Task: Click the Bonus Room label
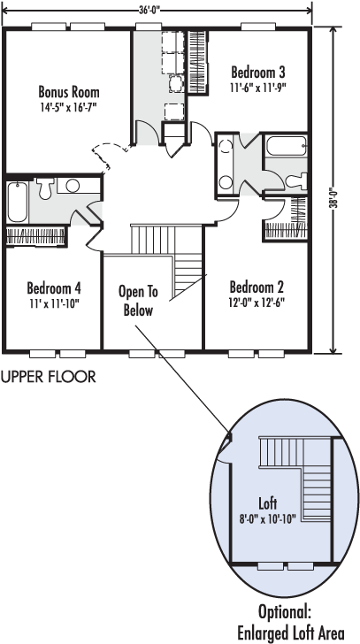pyautogui.click(x=69, y=91)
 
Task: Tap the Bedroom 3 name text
pyautogui.click(x=257, y=73)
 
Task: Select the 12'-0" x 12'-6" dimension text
pyautogui.click(x=257, y=303)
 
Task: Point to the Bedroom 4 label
pyautogui.click(x=54, y=288)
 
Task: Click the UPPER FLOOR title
pyautogui.click(x=49, y=376)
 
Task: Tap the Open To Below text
pyautogui.click(x=138, y=301)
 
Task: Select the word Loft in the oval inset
pyautogui.click(x=268, y=502)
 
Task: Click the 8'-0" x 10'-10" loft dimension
pyautogui.click(x=268, y=518)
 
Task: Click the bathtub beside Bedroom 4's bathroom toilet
pyautogui.click(x=17, y=202)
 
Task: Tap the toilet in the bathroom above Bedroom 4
pyautogui.click(x=44, y=188)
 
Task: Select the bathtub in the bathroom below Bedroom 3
pyautogui.click(x=286, y=145)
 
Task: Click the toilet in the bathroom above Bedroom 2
pyautogui.click(x=297, y=180)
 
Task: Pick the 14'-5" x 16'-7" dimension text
pyautogui.click(x=69, y=108)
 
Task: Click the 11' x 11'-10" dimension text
pyautogui.click(x=53, y=304)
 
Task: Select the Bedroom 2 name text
pyautogui.click(x=257, y=287)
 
